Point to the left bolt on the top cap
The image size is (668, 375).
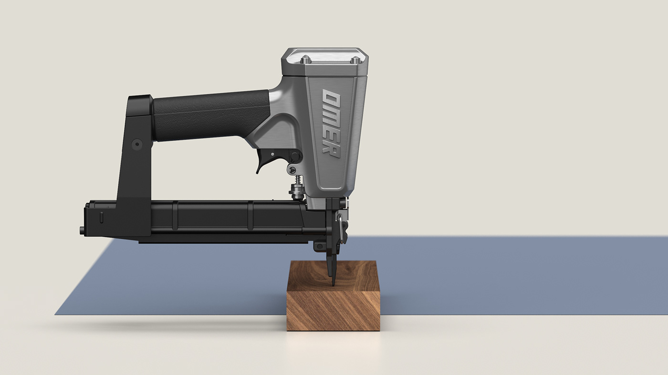coord(306,60)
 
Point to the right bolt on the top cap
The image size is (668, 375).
coord(355,60)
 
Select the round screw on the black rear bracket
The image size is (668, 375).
coord(137,143)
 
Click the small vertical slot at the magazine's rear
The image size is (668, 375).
coord(101,217)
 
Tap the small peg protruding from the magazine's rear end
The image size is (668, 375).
coord(82,231)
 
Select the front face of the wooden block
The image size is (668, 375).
coord(333,311)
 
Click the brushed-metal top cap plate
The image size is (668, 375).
coord(329,56)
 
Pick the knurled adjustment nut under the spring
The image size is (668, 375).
coord(297,193)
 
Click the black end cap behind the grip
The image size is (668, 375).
coord(141,104)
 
